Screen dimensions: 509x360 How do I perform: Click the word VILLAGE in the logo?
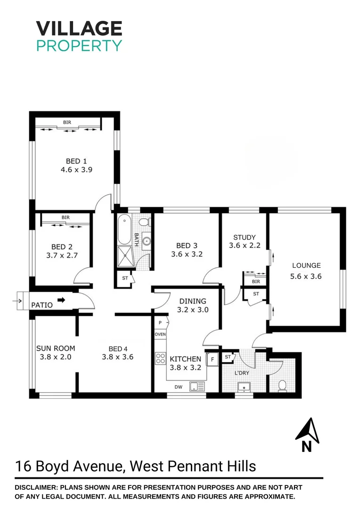[79, 29]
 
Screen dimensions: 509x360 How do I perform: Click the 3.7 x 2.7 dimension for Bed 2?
[61, 255]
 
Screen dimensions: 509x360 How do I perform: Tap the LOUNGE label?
[306, 265]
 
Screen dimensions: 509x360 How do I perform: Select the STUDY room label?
[244, 237]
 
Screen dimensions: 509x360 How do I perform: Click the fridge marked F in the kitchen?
[213, 359]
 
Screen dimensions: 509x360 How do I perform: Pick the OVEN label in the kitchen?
[160, 334]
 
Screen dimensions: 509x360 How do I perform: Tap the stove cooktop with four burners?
[160, 358]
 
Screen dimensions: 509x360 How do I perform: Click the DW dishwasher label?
[179, 387]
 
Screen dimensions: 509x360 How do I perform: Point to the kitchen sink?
[197, 387]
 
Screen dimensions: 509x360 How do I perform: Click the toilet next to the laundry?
[282, 386]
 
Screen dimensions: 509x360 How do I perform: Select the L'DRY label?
[242, 373]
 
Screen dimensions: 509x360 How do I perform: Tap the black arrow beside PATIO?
[62, 299]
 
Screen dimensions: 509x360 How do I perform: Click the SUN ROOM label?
[56, 348]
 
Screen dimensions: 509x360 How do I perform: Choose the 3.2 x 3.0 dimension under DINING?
[192, 310]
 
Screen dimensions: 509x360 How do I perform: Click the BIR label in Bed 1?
[68, 123]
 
